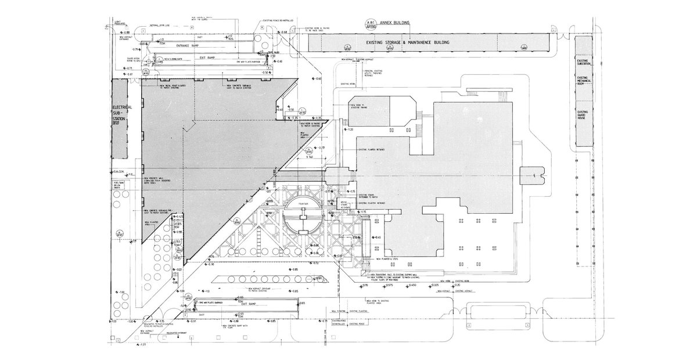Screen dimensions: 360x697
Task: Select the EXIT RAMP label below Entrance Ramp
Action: point(199,58)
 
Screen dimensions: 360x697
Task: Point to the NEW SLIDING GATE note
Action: point(175,59)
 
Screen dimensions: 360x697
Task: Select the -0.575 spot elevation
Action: point(389,285)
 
